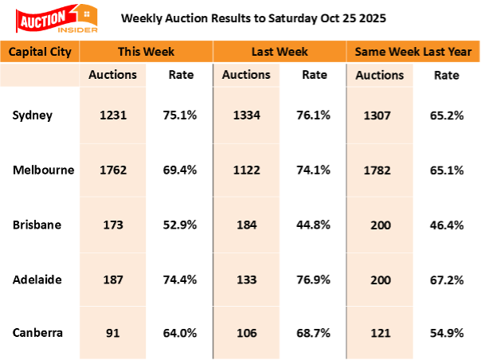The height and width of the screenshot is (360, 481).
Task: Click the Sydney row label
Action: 33,115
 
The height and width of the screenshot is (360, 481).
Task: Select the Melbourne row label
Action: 43,170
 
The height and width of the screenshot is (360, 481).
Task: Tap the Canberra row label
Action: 38,333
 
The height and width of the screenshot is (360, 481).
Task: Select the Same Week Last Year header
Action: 412,52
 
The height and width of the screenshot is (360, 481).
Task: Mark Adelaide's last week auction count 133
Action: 245,280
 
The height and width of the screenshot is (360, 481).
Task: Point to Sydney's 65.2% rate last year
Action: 446,115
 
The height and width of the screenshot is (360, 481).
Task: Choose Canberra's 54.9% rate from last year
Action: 446,334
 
